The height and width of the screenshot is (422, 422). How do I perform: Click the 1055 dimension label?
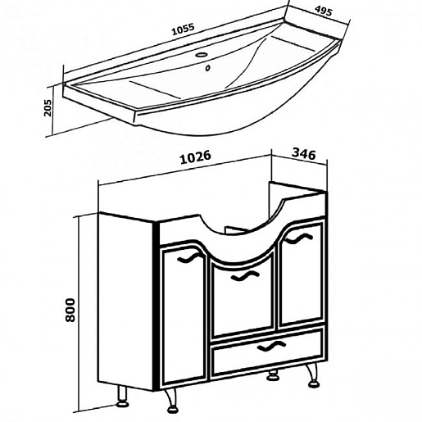183,29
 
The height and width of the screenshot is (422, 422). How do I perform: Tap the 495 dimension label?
324,11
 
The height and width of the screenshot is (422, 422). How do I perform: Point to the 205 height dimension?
48,107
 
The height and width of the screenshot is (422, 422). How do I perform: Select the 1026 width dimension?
196,157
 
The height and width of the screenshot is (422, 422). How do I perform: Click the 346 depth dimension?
304,154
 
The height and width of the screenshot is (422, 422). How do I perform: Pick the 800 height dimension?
70,310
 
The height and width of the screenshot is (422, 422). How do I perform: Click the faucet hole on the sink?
202,55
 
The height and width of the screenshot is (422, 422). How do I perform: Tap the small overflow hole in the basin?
208,68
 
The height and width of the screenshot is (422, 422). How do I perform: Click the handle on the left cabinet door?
189,258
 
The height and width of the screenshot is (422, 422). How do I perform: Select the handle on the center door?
245,276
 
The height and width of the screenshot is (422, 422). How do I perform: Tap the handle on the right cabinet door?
298,238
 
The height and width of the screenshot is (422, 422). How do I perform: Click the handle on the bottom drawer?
271,347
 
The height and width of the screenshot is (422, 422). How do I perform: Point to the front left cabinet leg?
171,401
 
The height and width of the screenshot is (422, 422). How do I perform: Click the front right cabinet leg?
313,375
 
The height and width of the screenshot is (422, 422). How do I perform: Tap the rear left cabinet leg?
123,397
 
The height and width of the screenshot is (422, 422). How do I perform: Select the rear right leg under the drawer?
273,375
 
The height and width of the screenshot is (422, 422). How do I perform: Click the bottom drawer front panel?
267,352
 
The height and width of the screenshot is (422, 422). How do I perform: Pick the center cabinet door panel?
243,297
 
